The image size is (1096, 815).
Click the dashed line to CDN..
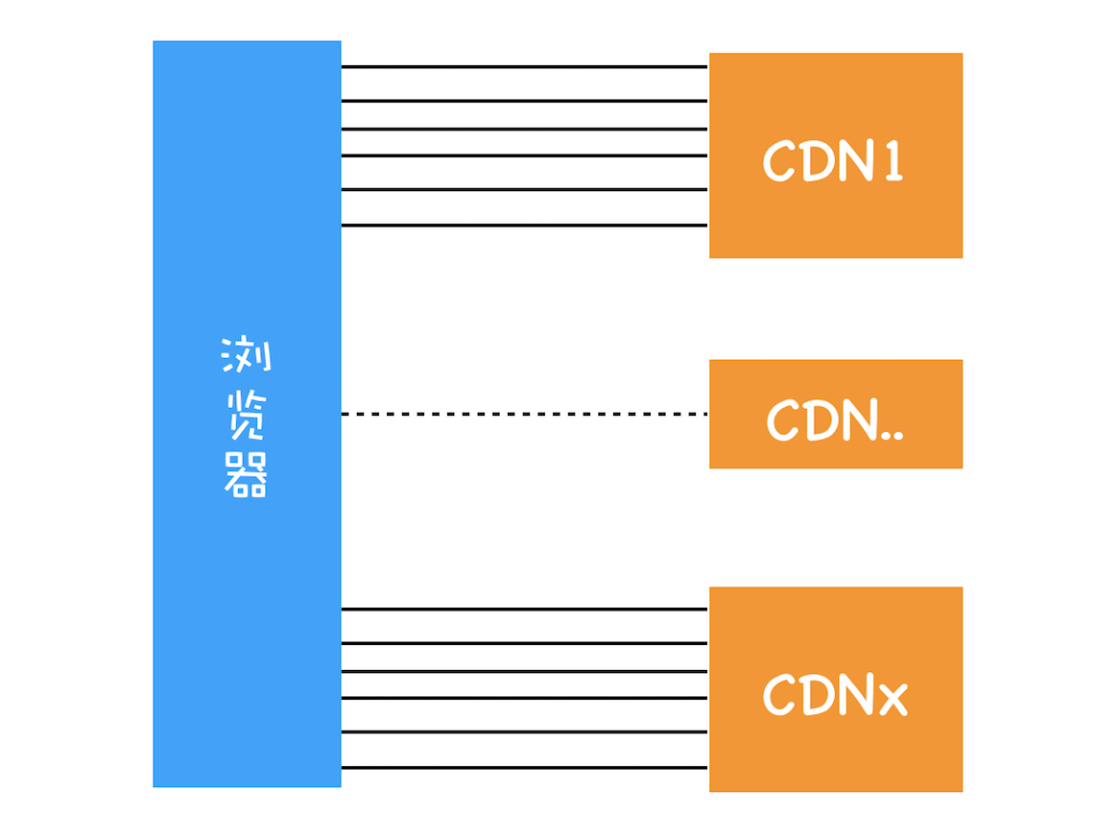[524, 414]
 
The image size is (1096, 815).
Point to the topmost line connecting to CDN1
[524, 67]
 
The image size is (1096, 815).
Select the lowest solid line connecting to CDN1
[524, 226]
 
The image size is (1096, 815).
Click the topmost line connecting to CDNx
[524, 610]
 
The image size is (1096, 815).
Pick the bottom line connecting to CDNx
[524, 768]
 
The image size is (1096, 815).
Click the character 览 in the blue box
[247, 416]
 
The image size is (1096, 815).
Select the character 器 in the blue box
[247, 474]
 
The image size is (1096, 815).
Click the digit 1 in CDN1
[892, 162]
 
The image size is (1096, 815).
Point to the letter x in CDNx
[892, 698]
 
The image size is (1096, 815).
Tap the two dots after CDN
[892, 435]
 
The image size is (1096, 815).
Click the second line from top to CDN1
[524, 101]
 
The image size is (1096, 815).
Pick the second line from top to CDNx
[524, 643]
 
